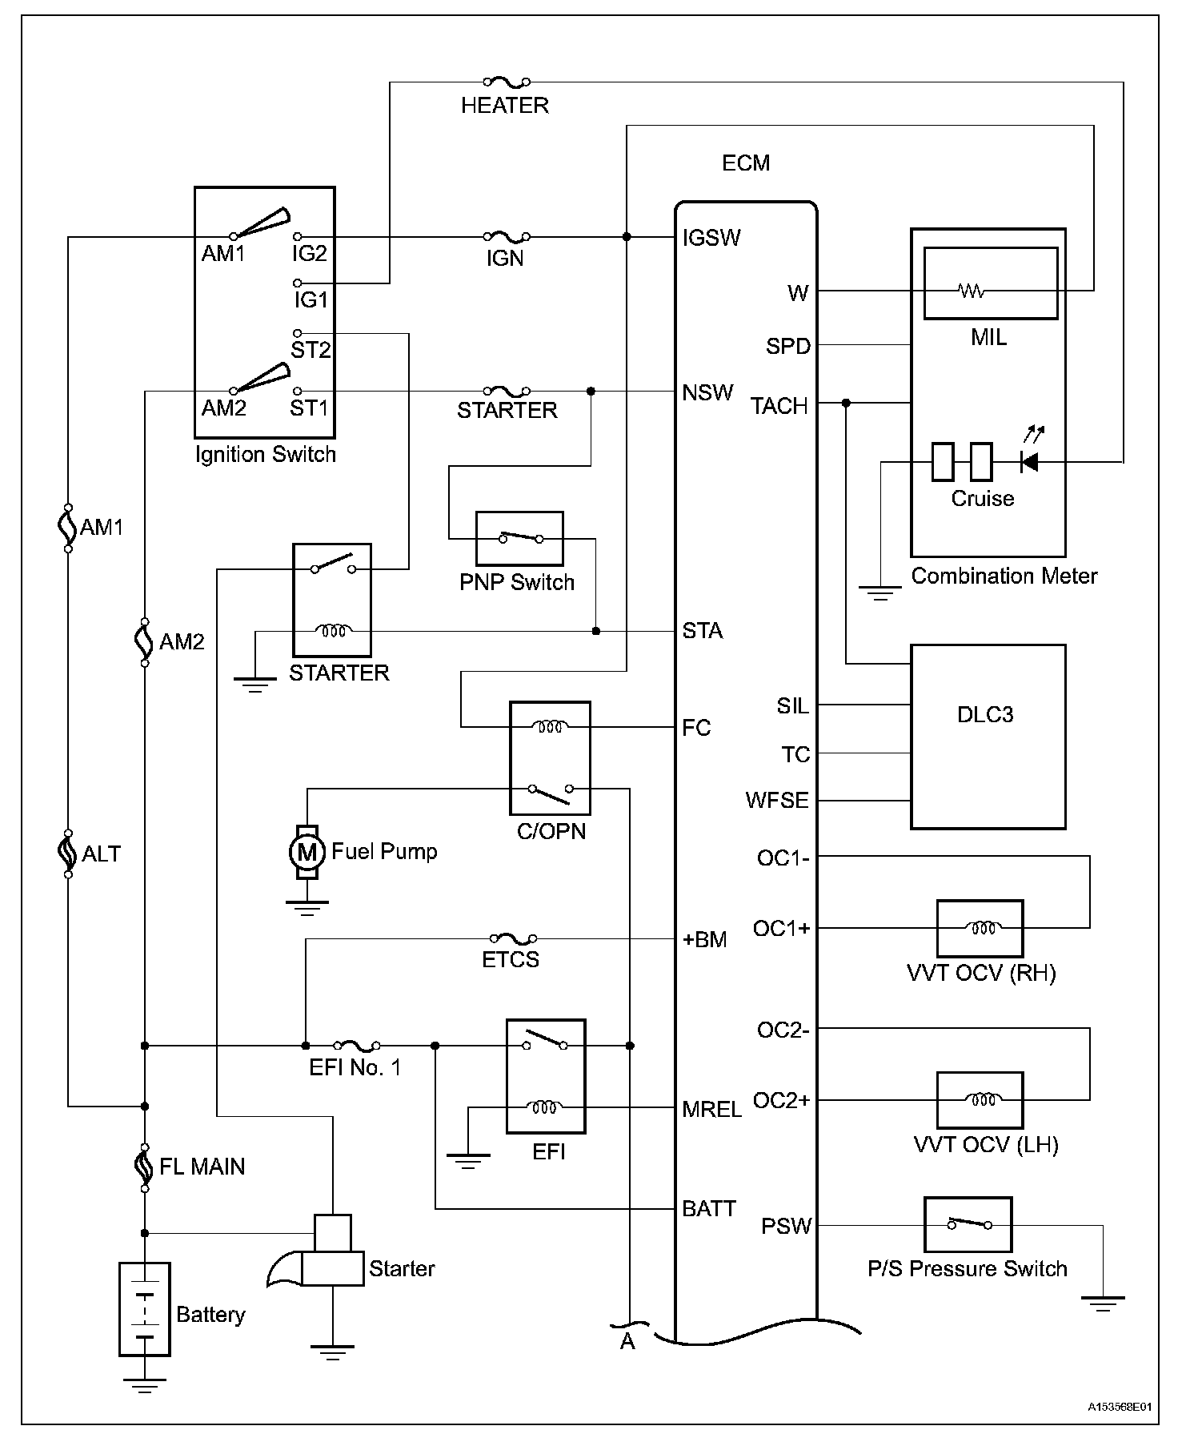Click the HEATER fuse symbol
click(x=506, y=82)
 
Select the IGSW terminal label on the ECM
click(x=711, y=238)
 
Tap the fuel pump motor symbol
click(x=307, y=852)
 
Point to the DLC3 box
click(x=988, y=737)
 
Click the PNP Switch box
click(x=519, y=539)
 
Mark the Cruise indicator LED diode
click(x=1030, y=462)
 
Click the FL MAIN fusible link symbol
click(x=145, y=1167)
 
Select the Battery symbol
click(x=145, y=1310)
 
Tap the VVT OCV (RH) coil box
click(x=980, y=929)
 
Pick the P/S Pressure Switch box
click(x=968, y=1224)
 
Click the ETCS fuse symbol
click(x=512, y=938)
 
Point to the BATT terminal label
click(x=708, y=1208)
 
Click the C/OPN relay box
click(x=551, y=757)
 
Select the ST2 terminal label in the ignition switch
click(x=311, y=350)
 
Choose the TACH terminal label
click(x=779, y=407)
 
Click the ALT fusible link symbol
click(x=68, y=854)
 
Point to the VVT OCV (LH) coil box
click(x=980, y=1100)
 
